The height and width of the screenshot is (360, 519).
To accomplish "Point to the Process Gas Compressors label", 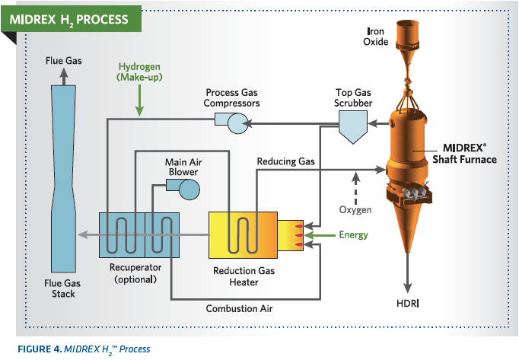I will coord(233,97).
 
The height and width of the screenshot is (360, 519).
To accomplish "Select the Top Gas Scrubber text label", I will coord(354,97).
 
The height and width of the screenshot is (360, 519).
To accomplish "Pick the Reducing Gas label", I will coord(285,161).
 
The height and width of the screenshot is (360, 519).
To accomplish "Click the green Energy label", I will coord(353,235).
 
